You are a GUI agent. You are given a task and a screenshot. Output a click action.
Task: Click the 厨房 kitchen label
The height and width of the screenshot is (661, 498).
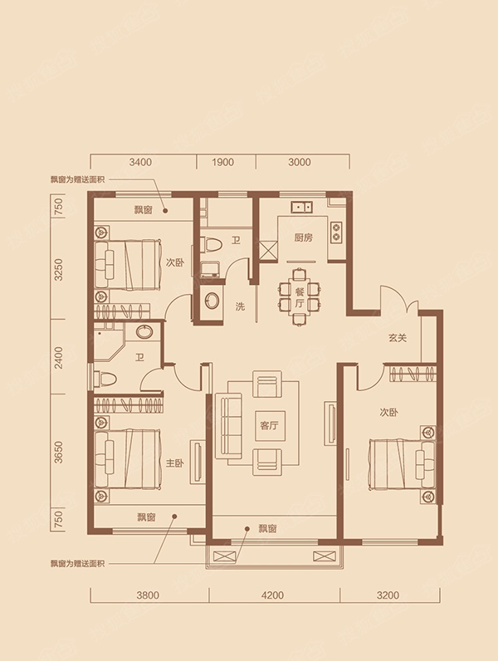pos(303,237)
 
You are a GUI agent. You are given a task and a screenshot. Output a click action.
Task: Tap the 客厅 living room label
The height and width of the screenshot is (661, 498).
pos(269,425)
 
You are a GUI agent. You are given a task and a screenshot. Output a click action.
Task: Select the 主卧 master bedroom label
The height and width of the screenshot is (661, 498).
pos(175,463)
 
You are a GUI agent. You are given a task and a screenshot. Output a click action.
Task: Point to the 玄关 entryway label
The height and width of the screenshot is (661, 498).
pos(398,338)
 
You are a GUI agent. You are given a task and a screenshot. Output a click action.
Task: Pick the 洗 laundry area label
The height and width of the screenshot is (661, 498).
pos(240,306)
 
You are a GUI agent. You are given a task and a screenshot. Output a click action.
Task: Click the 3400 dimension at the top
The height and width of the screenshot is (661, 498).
pos(140,162)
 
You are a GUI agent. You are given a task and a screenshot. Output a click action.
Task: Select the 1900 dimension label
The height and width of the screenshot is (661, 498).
pos(222,162)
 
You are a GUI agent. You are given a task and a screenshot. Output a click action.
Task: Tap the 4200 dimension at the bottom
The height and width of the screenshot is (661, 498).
pos(272,595)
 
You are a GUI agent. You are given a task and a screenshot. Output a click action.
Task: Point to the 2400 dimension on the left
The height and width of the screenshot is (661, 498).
pos(59,357)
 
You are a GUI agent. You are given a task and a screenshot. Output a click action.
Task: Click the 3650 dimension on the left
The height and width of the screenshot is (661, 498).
pos(59,453)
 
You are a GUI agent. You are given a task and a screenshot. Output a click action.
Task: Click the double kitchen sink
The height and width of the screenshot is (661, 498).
pos(302,207)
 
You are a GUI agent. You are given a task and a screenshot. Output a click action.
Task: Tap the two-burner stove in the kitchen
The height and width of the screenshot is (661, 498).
pos(336,232)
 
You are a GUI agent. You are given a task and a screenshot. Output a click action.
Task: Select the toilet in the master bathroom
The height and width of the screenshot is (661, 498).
pos(104,378)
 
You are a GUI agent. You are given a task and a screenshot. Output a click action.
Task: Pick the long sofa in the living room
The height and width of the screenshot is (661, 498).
pos(228,426)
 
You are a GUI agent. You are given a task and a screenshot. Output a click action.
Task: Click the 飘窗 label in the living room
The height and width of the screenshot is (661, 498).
pos(268,529)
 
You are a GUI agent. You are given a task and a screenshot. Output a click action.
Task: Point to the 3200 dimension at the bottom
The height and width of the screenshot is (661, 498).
pos(388,595)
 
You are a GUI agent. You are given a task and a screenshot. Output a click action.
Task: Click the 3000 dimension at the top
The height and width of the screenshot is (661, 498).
pos(300,162)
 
